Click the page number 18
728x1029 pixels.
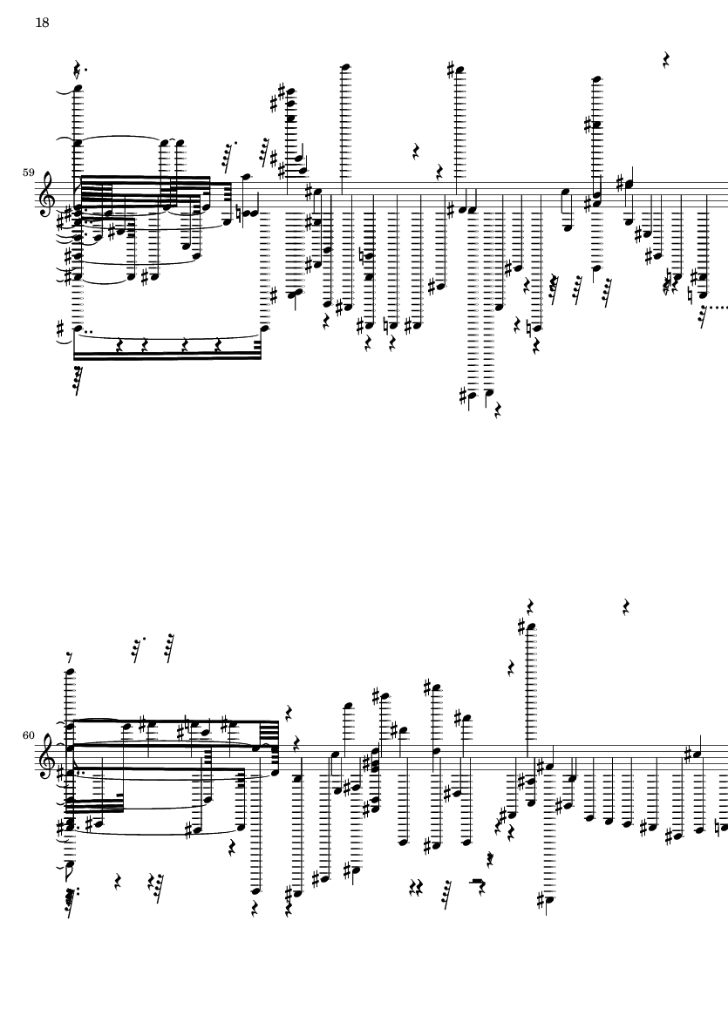tap(41, 23)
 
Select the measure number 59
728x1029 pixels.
tap(28, 173)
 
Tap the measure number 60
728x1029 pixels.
tap(28, 735)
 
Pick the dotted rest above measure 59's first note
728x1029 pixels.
tap(78, 68)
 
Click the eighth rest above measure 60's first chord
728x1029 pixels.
tap(71, 657)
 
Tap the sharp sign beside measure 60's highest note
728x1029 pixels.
tap(521, 626)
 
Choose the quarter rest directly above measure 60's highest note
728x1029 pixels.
tap(530, 606)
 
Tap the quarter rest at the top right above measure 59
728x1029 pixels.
tap(666, 60)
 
